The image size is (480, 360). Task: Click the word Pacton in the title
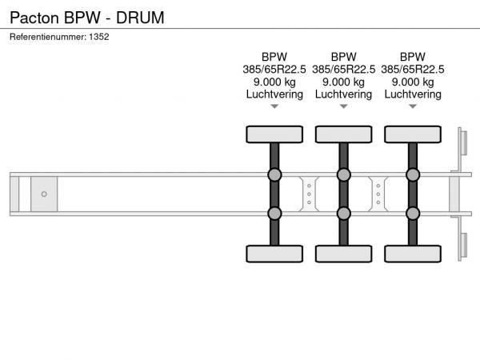(34, 18)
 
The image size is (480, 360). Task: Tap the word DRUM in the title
(140, 18)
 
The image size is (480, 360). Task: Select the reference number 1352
(99, 37)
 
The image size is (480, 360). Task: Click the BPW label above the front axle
(274, 57)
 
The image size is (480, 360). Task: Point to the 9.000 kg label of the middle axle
(343, 82)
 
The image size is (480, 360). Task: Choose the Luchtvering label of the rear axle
(413, 94)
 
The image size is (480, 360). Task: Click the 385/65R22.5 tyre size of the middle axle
(343, 70)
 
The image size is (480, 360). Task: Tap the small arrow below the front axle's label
(274, 106)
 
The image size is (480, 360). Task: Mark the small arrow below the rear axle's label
(413, 106)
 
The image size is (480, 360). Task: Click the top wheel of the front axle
(274, 134)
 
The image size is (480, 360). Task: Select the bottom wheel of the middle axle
(343, 254)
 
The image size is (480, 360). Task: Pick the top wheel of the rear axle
(413, 134)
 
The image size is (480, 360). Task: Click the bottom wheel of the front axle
(274, 254)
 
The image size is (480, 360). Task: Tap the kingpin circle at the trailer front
(44, 194)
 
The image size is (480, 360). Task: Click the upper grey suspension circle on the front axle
(274, 174)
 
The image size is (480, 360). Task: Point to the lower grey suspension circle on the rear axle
(413, 214)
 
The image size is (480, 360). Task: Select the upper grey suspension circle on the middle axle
(343, 174)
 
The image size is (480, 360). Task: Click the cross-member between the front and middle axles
(309, 194)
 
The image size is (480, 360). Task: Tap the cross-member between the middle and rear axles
(378, 194)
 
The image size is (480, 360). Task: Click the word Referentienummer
(48, 37)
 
